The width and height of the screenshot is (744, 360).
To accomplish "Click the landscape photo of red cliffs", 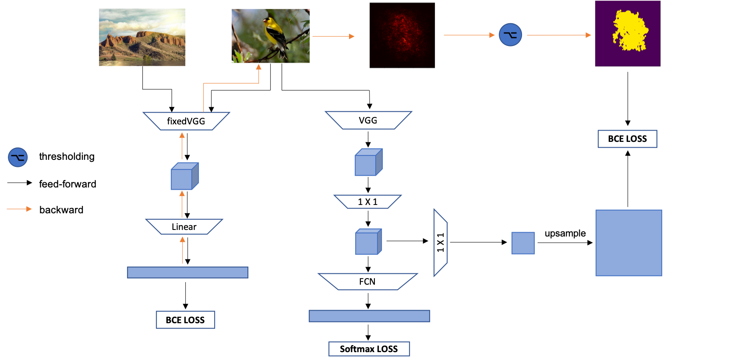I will tap(142, 37).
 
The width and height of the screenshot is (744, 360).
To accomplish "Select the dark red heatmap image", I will tap(402, 35).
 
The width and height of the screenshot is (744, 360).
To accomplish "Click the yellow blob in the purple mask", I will tap(630, 31).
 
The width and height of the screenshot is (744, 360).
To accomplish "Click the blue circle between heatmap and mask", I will tap(510, 35).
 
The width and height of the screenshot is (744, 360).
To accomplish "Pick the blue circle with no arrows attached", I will tap(18, 157).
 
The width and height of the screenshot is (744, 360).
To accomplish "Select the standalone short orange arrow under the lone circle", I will tap(19, 209).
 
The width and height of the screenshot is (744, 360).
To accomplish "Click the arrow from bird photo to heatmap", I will tap(333, 36).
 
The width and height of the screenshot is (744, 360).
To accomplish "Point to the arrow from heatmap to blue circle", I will tap(469, 35).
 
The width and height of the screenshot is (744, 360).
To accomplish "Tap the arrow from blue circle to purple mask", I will tap(558, 35).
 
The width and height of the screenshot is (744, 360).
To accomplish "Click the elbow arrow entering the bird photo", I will tap(231, 83).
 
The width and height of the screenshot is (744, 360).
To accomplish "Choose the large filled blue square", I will tap(629, 243).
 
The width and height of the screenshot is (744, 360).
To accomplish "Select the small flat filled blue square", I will tap(523, 243).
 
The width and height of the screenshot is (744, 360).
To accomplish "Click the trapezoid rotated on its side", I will tap(441, 243).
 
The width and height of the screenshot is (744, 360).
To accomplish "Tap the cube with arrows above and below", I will tap(184, 176).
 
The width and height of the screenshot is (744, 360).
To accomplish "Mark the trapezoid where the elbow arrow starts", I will tap(187, 121).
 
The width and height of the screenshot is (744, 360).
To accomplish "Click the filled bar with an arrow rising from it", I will tap(187, 272).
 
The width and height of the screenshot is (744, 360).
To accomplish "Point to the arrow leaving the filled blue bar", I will tap(183, 251).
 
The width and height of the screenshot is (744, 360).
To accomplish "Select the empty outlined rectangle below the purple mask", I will tap(628, 139).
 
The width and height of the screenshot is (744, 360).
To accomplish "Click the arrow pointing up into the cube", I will tap(182, 205).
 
